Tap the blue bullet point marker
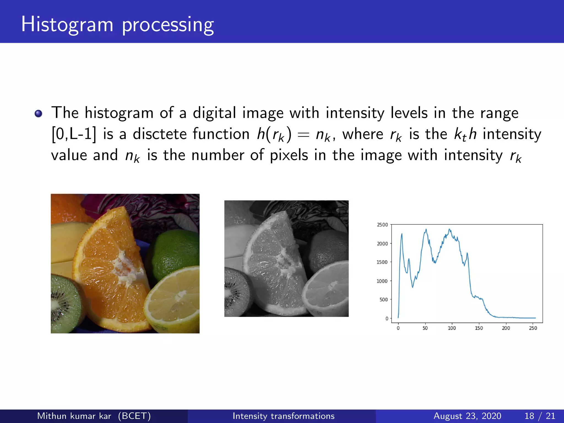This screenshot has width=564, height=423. click(x=38, y=113)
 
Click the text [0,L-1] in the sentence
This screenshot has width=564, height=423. click(x=74, y=134)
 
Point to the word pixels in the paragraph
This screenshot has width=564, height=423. click(x=289, y=155)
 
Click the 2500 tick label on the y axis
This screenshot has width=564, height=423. click(x=382, y=225)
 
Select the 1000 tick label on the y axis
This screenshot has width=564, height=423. click(x=382, y=281)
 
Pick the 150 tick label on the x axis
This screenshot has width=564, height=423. click(x=479, y=328)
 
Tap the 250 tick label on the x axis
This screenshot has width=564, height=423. click(x=533, y=328)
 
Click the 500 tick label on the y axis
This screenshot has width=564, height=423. click(x=383, y=300)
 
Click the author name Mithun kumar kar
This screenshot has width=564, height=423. click(x=74, y=416)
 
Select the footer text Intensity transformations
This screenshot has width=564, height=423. click(x=283, y=416)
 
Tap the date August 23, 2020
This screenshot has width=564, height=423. click(x=467, y=416)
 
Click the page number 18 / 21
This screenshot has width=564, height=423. click(x=539, y=416)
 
